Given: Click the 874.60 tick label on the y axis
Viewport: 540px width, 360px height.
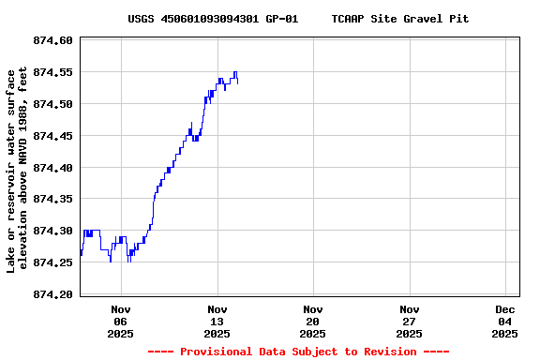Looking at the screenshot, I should point(52,40).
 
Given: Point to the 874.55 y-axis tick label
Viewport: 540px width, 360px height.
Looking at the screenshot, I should point(52,72).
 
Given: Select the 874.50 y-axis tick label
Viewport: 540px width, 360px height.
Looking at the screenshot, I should point(52,104).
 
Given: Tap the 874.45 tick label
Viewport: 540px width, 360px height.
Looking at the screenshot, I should point(52,136).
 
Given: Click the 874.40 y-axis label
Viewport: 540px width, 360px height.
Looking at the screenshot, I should point(52,168).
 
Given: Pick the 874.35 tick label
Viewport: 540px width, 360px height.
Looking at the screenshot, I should point(52,199).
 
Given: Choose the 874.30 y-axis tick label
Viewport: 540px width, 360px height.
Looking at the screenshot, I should point(52,231).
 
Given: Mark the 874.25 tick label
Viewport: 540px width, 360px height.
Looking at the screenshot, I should point(52,262).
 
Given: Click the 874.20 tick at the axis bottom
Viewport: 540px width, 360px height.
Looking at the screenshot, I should point(52,294).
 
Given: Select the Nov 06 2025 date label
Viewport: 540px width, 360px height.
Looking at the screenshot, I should point(121,321).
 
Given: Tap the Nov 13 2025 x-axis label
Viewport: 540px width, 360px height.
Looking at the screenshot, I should point(217,321).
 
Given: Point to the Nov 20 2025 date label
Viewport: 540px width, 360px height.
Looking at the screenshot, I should point(313,321).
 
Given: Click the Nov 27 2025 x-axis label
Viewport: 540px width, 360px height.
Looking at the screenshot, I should point(410,321).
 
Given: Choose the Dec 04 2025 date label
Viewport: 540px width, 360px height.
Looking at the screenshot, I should point(505,321).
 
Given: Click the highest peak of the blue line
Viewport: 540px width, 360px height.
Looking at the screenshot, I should point(235,72).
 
